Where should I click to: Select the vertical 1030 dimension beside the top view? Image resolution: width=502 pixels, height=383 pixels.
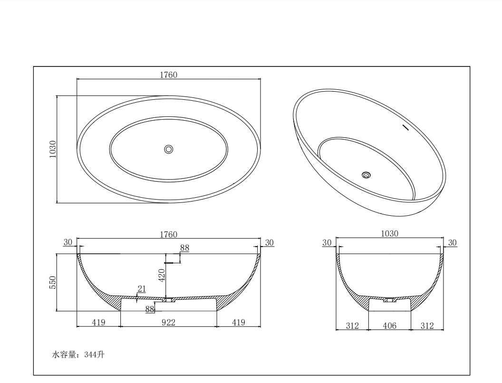[x=53, y=149]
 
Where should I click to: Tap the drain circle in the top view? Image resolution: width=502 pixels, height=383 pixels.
[x=169, y=149]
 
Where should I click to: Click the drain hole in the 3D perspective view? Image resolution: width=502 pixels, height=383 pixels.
[x=366, y=175]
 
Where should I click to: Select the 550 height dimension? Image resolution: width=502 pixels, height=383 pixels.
[x=53, y=282]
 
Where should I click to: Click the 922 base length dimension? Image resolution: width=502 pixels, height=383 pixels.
[x=168, y=323]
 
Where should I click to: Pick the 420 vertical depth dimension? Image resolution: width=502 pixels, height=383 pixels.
[x=162, y=276]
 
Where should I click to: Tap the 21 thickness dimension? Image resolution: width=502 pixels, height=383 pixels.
[x=141, y=288]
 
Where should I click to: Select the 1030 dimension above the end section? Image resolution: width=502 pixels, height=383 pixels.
[x=389, y=233]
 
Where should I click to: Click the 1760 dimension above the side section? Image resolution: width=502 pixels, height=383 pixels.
[x=168, y=234]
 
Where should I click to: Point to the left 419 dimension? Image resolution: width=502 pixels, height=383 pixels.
[x=98, y=323]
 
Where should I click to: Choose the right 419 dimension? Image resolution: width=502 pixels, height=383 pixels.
[x=238, y=323]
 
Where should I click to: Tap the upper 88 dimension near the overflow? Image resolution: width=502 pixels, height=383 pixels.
[x=184, y=248]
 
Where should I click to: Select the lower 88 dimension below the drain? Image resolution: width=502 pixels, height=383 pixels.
[x=150, y=309]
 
